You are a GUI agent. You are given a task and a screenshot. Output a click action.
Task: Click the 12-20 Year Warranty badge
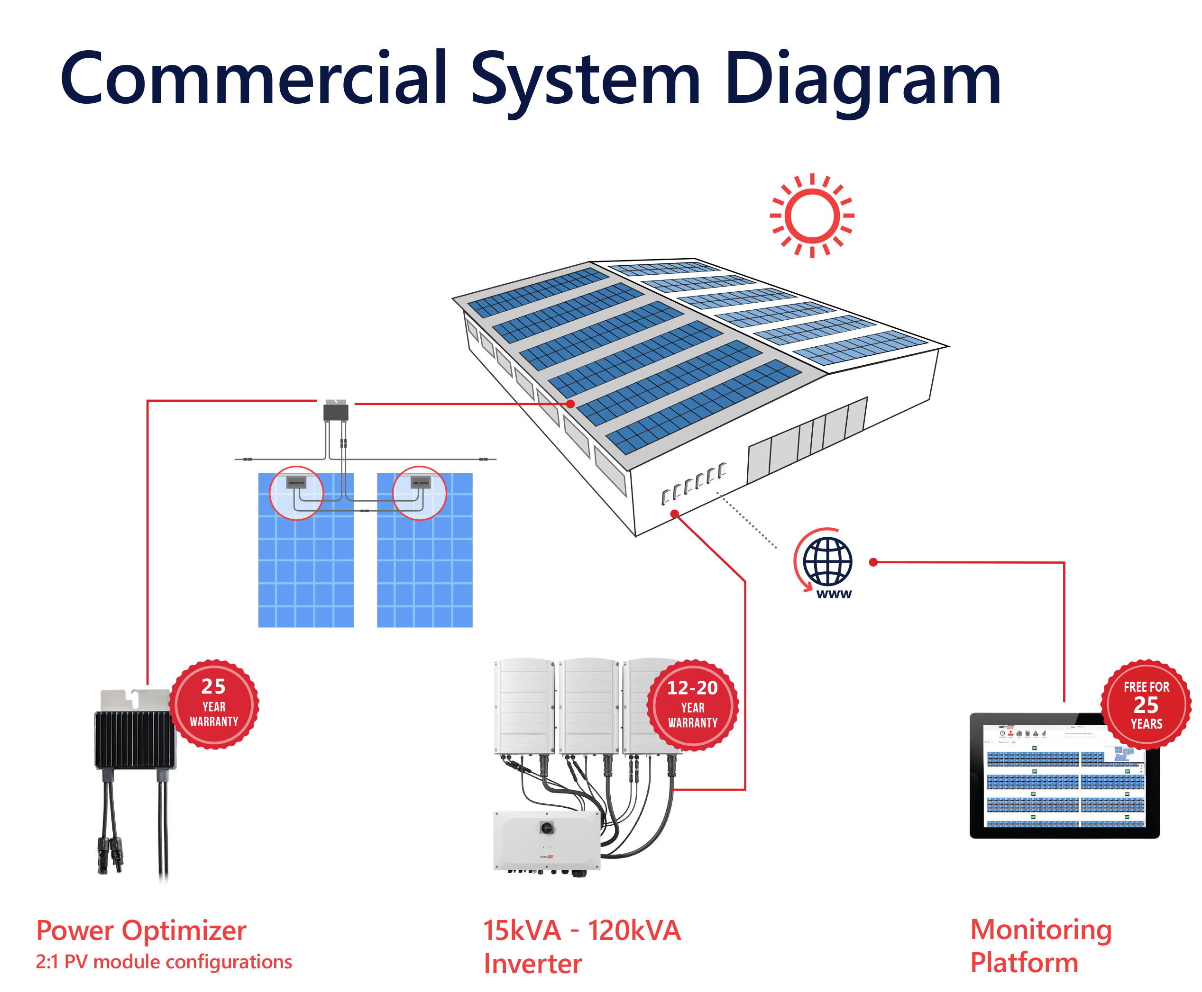(x=692, y=704)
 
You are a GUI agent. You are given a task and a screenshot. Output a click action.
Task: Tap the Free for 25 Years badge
(x=1146, y=704)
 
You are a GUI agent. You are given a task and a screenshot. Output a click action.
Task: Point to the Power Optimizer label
(x=141, y=930)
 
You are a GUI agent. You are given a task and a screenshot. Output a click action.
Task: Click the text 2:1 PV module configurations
(x=164, y=962)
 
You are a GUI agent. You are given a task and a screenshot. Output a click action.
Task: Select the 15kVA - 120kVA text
(x=581, y=930)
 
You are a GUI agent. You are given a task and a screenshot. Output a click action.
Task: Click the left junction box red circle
(x=296, y=493)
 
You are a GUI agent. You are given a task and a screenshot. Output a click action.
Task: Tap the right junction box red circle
(x=419, y=493)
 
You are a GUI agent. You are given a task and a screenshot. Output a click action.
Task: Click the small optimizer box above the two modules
(x=336, y=411)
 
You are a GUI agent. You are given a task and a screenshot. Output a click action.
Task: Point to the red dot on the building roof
(x=570, y=404)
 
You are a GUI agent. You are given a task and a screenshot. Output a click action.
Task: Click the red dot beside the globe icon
(x=872, y=562)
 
